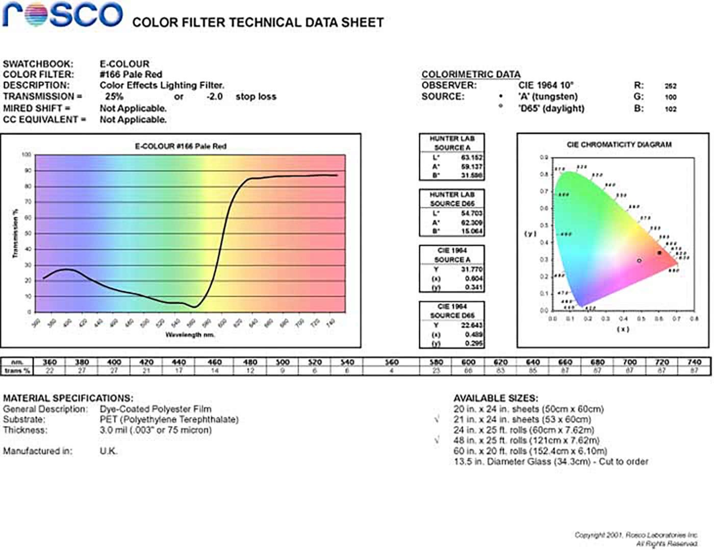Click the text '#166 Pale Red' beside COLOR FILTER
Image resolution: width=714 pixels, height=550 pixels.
[x=131, y=74]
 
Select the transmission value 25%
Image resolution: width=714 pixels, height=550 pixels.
[x=114, y=96]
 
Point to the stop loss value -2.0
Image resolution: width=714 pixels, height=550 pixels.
[x=214, y=96]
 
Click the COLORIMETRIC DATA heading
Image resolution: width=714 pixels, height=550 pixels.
[x=471, y=74]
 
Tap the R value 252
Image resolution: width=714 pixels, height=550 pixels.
[x=670, y=86]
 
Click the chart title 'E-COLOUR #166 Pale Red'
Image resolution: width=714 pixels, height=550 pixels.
[x=181, y=146]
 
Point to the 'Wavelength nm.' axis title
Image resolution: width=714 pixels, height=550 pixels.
[x=190, y=335]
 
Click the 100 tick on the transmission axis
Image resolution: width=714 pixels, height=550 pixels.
[x=27, y=155]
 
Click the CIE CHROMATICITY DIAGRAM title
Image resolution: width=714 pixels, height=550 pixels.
[x=619, y=145]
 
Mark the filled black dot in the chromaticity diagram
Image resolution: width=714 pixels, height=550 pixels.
[x=659, y=253]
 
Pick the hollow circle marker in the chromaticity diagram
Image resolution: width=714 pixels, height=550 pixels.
[x=639, y=261]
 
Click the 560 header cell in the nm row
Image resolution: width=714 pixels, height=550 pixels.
[x=391, y=362]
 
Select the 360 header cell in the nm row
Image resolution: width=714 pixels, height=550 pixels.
[x=49, y=362]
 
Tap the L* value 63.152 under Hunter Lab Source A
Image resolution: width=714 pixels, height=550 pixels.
[x=471, y=158]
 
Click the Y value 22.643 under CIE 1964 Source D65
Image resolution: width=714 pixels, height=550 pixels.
[x=471, y=326]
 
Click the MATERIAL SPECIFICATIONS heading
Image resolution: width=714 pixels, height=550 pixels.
[x=68, y=398]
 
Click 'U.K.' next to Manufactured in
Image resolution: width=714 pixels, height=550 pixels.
[x=108, y=451]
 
